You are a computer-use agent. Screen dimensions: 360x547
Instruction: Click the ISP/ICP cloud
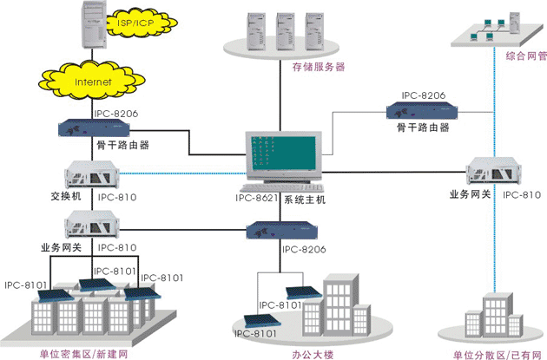coord(127,19)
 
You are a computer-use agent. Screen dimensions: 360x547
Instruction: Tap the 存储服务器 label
coord(318,66)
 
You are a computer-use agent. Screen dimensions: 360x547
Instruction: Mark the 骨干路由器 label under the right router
coord(424,127)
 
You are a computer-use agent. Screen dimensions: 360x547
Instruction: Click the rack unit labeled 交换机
coord(92,173)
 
